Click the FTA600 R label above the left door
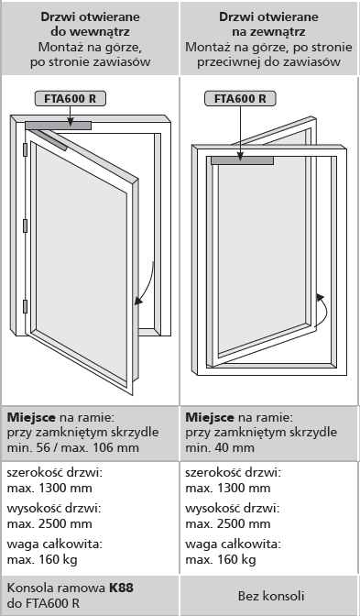[71, 99]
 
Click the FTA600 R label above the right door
[240, 99]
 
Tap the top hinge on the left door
[25, 149]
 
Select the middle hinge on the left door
[25, 225]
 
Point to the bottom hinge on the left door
[25, 306]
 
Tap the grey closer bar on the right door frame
[242, 160]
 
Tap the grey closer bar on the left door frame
[58, 126]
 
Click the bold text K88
[121, 588]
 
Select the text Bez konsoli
[271, 596]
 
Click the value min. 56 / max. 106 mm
[73, 447]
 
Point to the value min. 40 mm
[220, 447]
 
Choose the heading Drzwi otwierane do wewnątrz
[91, 25]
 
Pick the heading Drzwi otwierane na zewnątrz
[268, 25]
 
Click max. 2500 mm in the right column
[228, 523]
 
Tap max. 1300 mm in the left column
[49, 489]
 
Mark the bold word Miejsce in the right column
[209, 417]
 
